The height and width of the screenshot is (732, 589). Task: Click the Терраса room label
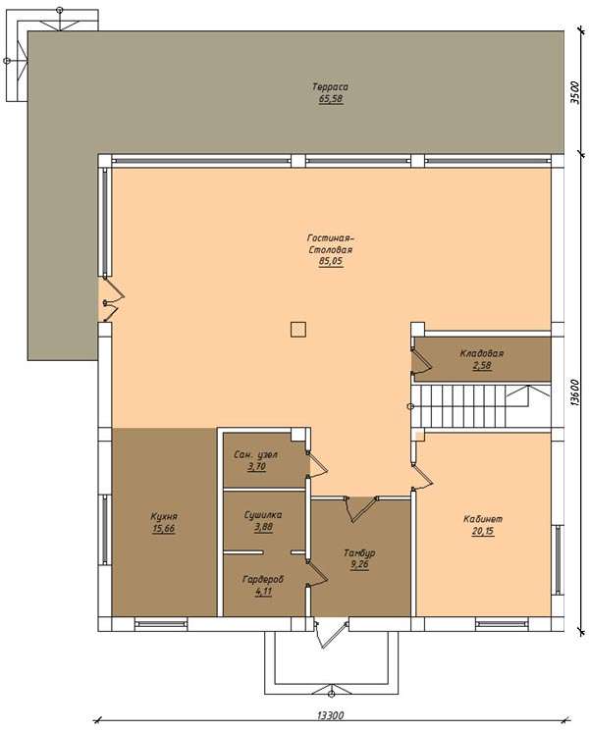pos(330,86)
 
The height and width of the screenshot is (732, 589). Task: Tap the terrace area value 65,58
pos(331,99)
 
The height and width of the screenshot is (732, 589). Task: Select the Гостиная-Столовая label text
pos(331,243)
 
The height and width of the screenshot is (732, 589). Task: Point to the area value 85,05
pos(331,261)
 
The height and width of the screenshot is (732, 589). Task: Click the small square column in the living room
pos(298,330)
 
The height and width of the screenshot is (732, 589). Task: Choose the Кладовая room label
pos(482,353)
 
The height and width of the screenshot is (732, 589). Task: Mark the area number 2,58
pos(482,365)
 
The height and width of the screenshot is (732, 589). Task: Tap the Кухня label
pos(164,517)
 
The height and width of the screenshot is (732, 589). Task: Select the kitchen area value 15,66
pos(164,529)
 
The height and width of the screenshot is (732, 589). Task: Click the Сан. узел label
pos(256,454)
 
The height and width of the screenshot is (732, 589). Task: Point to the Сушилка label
pos(263,515)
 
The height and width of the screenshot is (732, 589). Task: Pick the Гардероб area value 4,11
pos(264,592)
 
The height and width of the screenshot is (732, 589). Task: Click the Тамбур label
pos(359,553)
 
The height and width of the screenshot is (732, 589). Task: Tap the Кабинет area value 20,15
pos(483,531)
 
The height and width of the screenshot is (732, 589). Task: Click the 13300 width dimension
pos(330,715)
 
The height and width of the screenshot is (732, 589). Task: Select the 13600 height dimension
pos(575,392)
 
